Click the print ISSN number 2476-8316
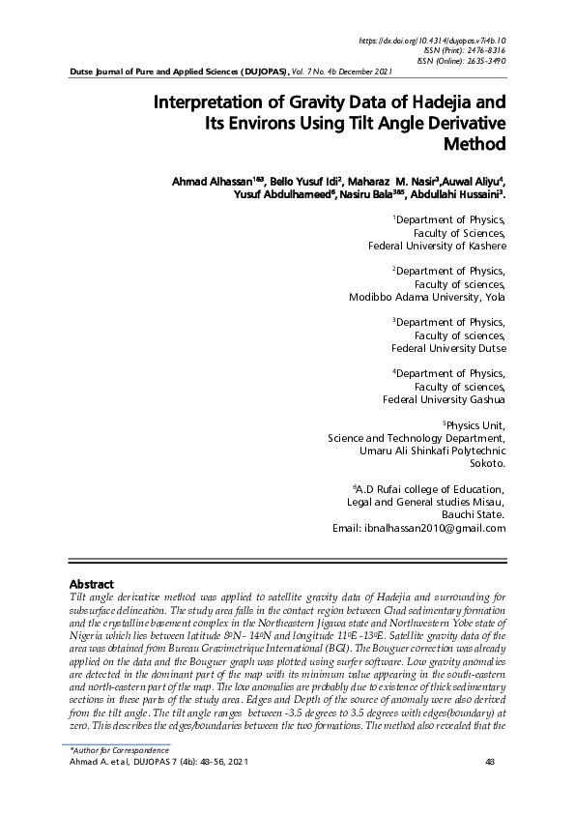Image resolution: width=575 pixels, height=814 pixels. click(480, 49)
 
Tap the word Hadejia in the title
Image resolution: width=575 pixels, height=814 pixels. click(430, 102)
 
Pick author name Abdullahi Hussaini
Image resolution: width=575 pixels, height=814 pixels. click(457, 194)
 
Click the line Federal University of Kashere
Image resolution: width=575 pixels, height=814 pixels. click(437, 246)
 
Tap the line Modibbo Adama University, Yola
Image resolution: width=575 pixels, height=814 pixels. click(427, 297)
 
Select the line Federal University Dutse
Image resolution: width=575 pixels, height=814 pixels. click(448, 348)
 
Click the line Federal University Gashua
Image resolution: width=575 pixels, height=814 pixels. click(444, 399)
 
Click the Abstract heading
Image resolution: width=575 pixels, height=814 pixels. click(92, 584)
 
